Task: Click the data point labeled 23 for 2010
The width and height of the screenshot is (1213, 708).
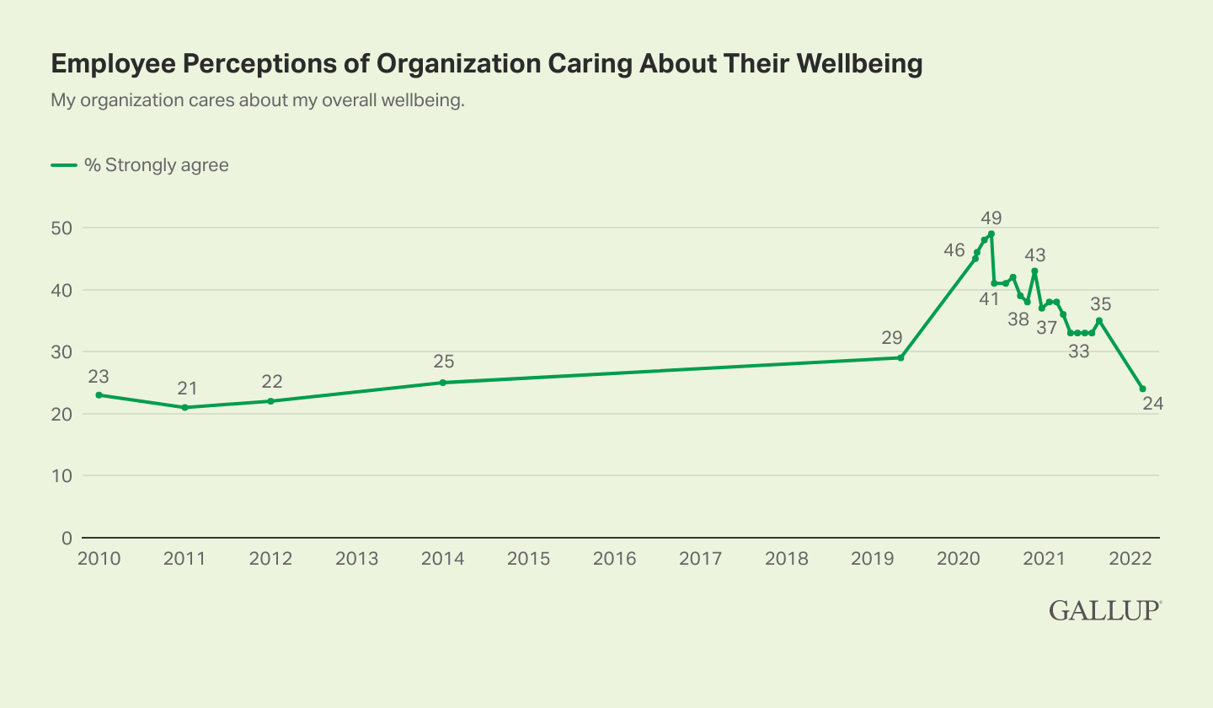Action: pos(99,394)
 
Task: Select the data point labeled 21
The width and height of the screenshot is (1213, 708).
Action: pos(184,407)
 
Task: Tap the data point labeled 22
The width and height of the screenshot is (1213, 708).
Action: pos(270,401)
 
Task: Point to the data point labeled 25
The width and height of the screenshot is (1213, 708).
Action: pos(442,383)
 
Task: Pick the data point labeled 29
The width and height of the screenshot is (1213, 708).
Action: pos(900,357)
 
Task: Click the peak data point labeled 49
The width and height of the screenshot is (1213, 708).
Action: pos(991,233)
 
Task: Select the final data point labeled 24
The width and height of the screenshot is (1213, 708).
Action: pos(1142,389)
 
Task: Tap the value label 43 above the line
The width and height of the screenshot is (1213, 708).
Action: pos(1034,255)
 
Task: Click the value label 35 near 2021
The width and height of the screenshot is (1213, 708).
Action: pos(1101,304)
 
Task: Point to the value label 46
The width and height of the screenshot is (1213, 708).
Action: pos(954,249)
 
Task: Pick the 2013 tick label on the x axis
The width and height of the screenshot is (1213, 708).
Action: pos(356,559)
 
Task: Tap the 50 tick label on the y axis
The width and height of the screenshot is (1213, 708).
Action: pos(63,228)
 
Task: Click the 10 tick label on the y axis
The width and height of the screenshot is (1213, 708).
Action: pos(63,475)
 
